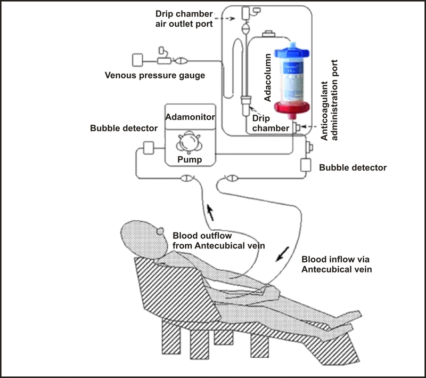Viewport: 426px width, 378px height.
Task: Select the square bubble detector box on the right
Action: click(306, 165)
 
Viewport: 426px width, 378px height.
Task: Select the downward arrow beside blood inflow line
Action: click(281, 254)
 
